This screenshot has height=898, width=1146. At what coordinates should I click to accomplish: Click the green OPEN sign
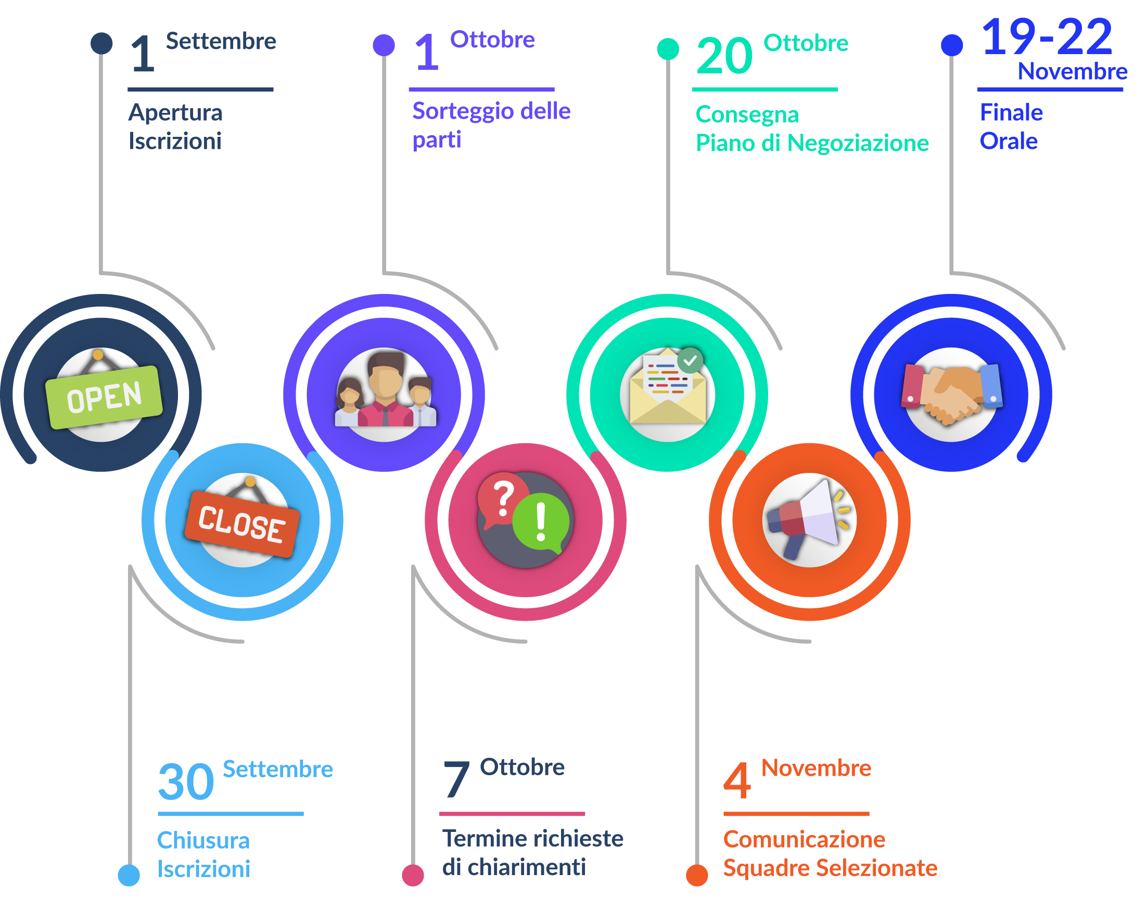point(104,396)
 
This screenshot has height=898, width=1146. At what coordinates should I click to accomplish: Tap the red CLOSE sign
point(242,523)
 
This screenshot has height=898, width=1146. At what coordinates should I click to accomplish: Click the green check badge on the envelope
point(690,361)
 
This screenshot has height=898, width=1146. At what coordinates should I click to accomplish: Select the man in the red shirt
point(386,392)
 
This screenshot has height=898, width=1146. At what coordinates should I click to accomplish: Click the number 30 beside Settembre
point(186,782)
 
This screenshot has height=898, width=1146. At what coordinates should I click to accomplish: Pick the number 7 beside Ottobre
point(456,779)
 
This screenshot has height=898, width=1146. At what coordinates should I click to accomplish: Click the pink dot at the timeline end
point(413,875)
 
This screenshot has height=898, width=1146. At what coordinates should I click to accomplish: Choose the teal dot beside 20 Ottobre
point(668,49)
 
